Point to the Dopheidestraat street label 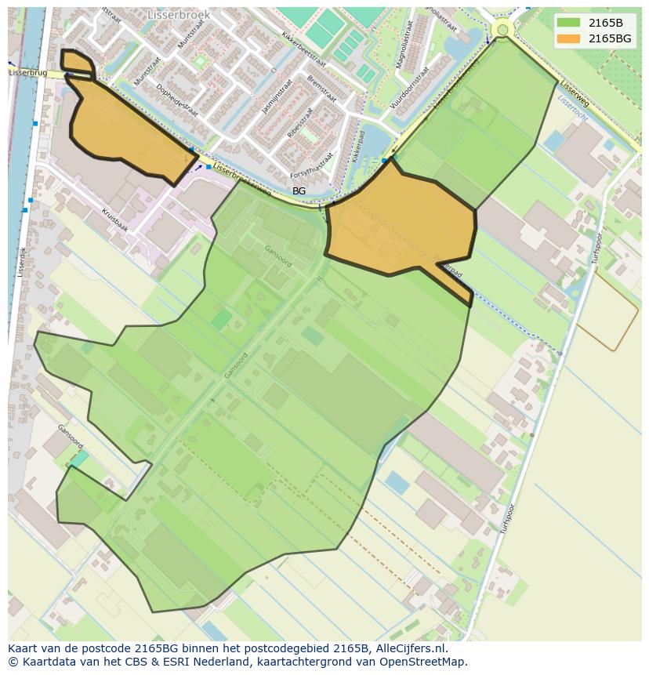pos(176,100)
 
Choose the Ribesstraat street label pos(299,123)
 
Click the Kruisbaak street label pos(114,218)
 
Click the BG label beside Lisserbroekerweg pos(299,191)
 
